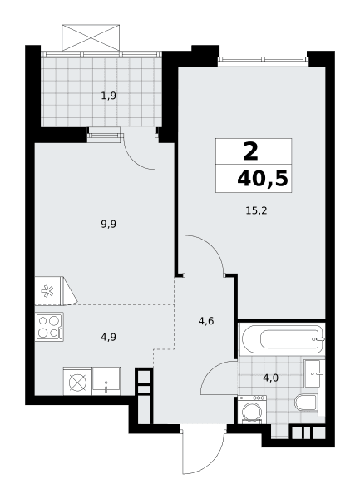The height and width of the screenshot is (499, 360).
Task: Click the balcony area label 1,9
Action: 108,96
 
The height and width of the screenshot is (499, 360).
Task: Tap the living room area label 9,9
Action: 108,225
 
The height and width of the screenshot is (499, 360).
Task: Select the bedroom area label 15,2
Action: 256,210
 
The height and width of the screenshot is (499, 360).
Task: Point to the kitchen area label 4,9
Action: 108,337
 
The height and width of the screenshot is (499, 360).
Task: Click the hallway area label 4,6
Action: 205,321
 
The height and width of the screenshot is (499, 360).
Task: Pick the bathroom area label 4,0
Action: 271,378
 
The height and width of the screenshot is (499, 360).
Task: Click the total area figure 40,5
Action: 263,179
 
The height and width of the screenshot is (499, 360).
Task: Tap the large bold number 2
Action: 251,152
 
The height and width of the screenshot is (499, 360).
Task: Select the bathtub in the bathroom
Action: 283,339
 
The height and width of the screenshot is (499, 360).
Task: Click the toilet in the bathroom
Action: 306,403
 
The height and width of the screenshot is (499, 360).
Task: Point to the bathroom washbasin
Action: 314,373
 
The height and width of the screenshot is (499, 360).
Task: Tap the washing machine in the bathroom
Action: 252,410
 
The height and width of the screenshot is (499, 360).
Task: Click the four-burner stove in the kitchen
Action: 49,327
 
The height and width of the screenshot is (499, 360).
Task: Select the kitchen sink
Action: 106,381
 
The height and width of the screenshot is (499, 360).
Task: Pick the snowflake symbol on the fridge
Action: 47,291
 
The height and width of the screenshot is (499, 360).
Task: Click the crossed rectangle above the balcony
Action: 91,37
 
